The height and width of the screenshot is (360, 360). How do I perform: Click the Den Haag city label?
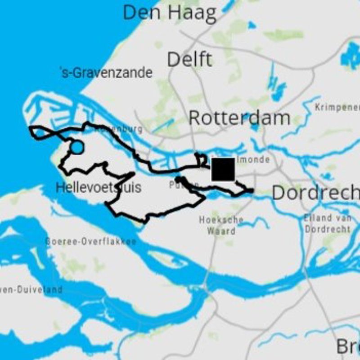click(169, 13)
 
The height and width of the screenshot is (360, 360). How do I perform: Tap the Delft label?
click(189, 59)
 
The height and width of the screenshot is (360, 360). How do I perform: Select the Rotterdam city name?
click(239, 118)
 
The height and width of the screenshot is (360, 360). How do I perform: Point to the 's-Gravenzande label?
click(106, 72)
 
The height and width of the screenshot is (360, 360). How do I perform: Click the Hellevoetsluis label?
click(99, 187)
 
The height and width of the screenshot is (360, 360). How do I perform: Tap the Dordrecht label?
click(315, 193)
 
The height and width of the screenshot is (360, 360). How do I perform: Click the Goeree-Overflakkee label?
click(90, 242)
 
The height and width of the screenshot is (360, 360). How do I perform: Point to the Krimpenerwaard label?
click(337, 108)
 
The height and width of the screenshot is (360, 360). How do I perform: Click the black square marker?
click(223, 169)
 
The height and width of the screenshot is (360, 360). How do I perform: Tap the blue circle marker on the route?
click(77, 147)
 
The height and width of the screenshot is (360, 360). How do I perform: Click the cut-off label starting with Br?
click(348, 347)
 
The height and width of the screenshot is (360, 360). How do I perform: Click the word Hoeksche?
click(221, 220)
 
